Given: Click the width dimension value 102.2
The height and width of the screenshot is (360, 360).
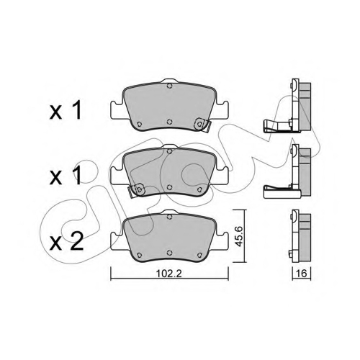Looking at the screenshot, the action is point(168,274).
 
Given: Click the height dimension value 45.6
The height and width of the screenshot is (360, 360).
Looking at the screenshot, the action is point(239,236).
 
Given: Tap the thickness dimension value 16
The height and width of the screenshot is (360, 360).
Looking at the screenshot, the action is point(302,274).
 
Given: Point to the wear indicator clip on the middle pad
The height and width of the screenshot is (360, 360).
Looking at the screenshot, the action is point(137,190).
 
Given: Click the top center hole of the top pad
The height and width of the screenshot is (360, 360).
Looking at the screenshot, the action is point(169,86).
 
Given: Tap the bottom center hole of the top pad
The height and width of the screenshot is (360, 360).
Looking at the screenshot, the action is point(169,122).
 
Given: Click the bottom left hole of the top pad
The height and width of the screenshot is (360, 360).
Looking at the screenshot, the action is point(139,124).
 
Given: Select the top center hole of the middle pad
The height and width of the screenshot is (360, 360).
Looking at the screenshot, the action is point(169,151).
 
